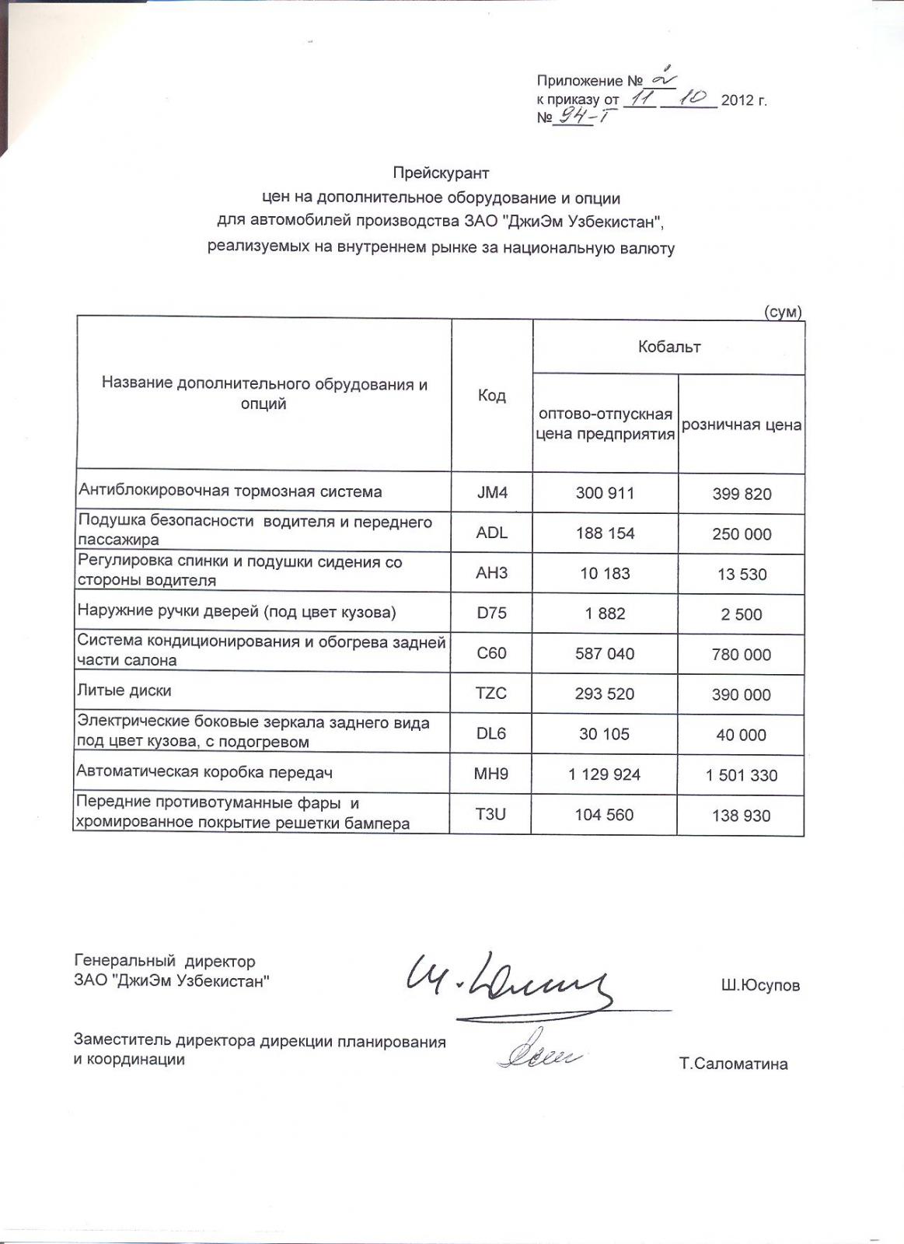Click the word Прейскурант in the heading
(x=441, y=173)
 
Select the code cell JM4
(x=491, y=493)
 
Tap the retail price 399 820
(x=742, y=494)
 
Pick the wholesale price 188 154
(x=605, y=533)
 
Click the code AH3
(x=491, y=574)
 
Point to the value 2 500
(x=742, y=614)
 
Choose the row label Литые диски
(x=124, y=690)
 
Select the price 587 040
(x=605, y=654)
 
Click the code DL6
(x=491, y=734)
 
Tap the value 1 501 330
(x=742, y=775)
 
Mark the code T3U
(x=490, y=815)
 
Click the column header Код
(x=491, y=396)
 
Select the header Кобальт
(x=668, y=347)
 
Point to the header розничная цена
(x=742, y=425)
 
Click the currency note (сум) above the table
(x=783, y=312)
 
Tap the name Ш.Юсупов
(x=760, y=986)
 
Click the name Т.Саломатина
(x=733, y=1064)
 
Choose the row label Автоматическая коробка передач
(x=204, y=772)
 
